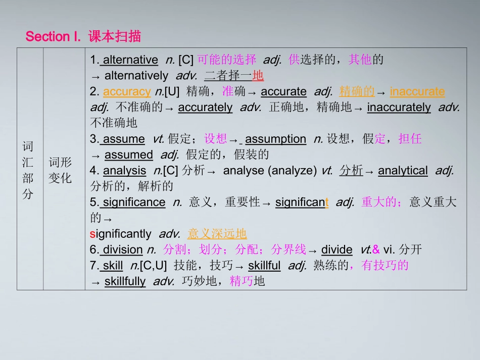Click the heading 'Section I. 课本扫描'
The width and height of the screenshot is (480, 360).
(x=83, y=36)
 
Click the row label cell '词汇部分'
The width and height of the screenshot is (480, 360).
(x=28, y=170)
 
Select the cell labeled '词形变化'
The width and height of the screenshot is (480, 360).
(x=61, y=170)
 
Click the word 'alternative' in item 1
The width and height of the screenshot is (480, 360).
(x=130, y=60)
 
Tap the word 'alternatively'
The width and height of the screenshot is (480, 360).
(x=136, y=76)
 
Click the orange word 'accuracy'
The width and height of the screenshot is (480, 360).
(x=127, y=91)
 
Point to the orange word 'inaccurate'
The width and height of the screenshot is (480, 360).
(x=417, y=91)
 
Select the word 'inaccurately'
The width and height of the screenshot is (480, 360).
(x=399, y=107)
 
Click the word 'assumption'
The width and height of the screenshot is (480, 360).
(x=275, y=139)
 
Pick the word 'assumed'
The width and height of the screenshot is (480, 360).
(x=128, y=155)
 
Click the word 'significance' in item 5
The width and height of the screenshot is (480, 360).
(x=134, y=202)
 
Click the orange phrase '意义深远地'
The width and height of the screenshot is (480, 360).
(x=217, y=234)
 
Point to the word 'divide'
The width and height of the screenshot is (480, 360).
(x=337, y=249)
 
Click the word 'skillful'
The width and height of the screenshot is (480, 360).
(x=264, y=266)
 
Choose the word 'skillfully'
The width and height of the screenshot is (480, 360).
(x=125, y=281)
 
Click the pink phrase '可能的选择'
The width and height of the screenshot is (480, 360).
(x=227, y=60)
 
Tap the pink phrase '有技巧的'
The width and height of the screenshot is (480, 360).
(x=385, y=266)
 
